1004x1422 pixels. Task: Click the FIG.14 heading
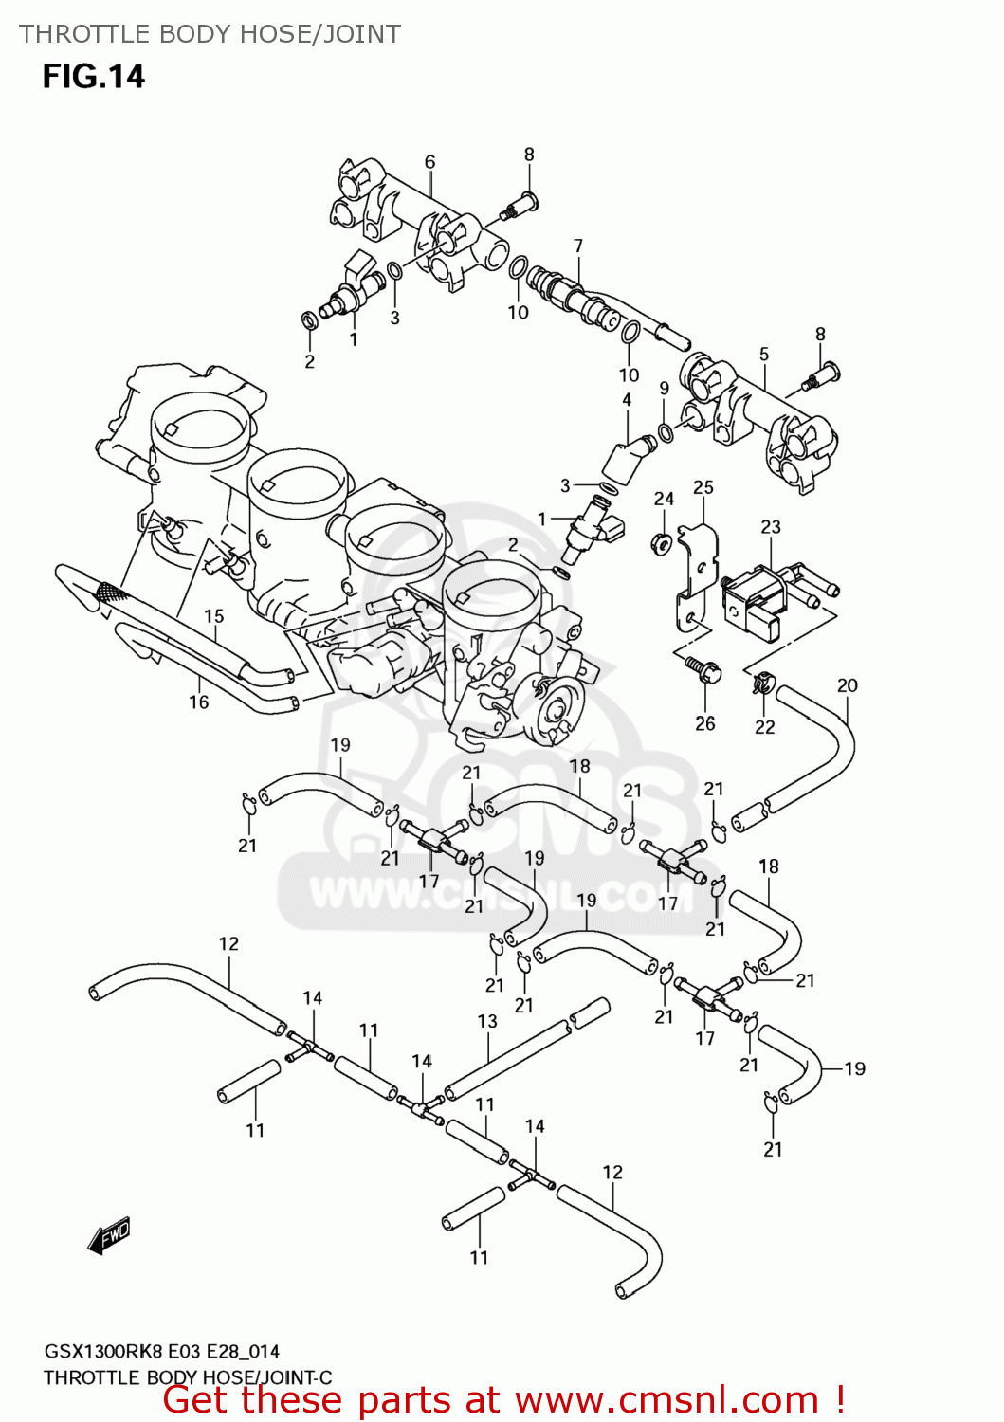click(93, 76)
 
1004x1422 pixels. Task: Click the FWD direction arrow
click(108, 1236)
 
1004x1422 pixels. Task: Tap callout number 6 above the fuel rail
click(429, 162)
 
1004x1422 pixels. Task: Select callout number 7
click(578, 246)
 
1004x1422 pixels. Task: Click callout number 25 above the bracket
click(703, 487)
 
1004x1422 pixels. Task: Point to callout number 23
click(771, 526)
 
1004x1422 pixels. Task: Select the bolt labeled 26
click(703, 669)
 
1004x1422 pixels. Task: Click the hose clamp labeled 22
click(764, 683)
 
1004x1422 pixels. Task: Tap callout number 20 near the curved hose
click(847, 684)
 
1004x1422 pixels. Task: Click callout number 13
click(487, 1021)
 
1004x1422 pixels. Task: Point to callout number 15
click(214, 616)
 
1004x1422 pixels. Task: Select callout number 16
click(198, 702)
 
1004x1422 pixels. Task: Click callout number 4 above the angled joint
click(627, 400)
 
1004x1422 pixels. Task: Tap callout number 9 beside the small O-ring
click(665, 388)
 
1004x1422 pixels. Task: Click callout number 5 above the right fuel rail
click(764, 355)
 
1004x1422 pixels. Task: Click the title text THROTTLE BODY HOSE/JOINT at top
click(210, 34)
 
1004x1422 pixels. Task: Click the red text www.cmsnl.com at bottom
click(666, 1400)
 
